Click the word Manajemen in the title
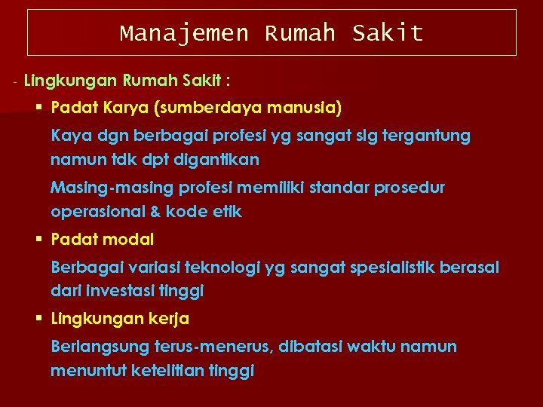(x=183, y=33)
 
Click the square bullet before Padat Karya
(x=39, y=109)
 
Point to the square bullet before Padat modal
(x=39, y=240)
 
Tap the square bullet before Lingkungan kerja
(x=39, y=319)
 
